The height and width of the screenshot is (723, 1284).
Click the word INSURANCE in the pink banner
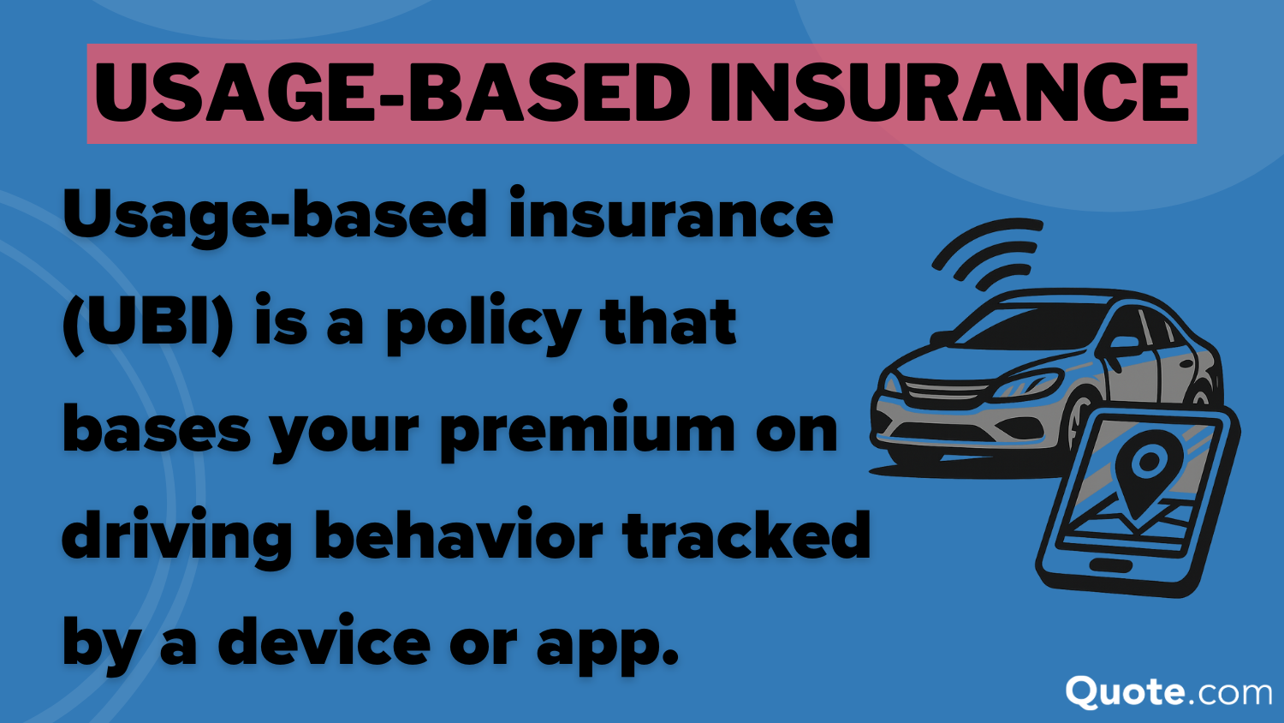point(948,93)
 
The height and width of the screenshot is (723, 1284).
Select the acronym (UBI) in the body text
point(148,324)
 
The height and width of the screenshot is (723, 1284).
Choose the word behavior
point(459,535)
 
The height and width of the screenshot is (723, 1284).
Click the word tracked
point(746,535)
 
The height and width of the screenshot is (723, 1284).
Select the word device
point(324,642)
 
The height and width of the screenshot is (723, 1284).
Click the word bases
point(157,430)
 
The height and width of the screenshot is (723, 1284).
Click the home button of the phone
point(1109,565)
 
